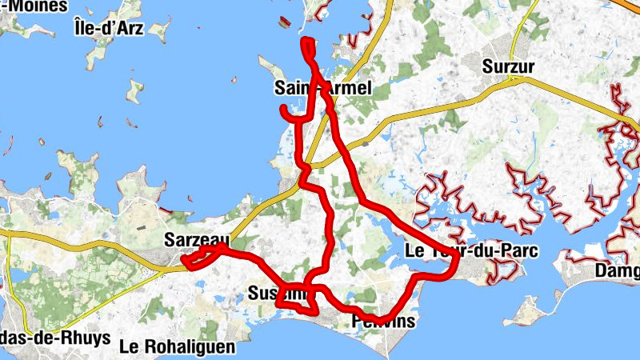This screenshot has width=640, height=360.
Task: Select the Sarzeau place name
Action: coord(196,239)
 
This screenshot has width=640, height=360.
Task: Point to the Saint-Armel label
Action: coord(322,87)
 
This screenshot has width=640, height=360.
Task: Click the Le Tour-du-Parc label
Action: coord(472,250)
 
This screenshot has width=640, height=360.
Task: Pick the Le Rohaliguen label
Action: coord(177,346)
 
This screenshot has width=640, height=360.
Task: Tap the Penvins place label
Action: coord(384,322)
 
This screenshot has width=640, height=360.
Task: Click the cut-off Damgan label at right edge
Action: coord(618,272)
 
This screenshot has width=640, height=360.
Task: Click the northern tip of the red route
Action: coord(305,41)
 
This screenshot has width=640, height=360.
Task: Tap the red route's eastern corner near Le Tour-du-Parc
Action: coord(455,258)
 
